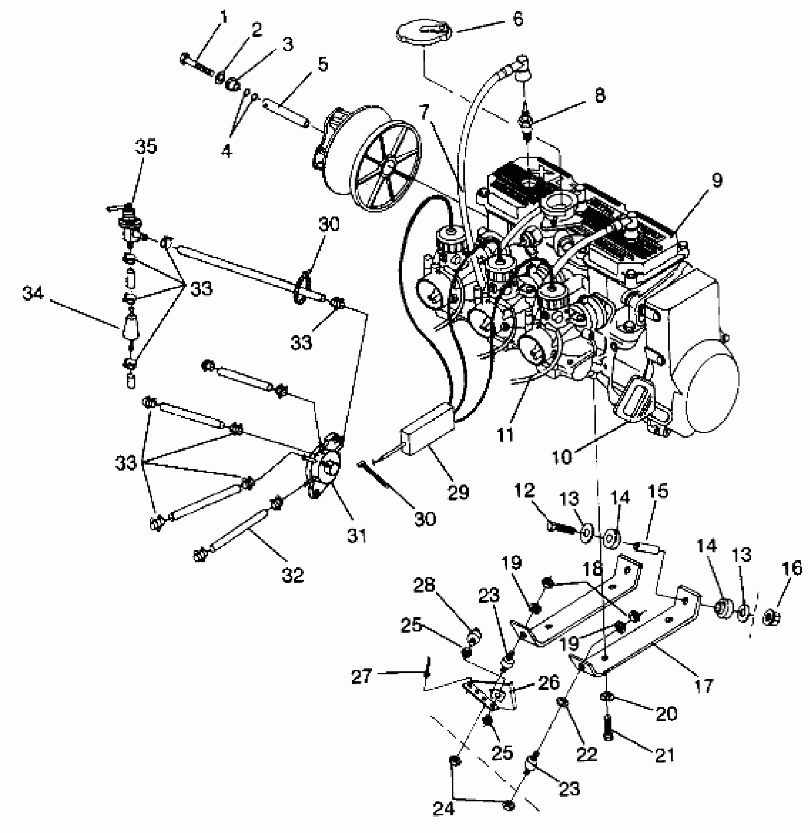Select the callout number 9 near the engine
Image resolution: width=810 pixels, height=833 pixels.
(717, 181)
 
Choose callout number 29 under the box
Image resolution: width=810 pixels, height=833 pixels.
(458, 492)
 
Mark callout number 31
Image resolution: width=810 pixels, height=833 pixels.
(357, 535)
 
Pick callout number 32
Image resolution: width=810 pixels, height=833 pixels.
(292, 576)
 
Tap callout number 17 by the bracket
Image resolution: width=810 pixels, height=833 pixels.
(703, 685)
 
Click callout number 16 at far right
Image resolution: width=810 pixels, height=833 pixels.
(791, 568)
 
